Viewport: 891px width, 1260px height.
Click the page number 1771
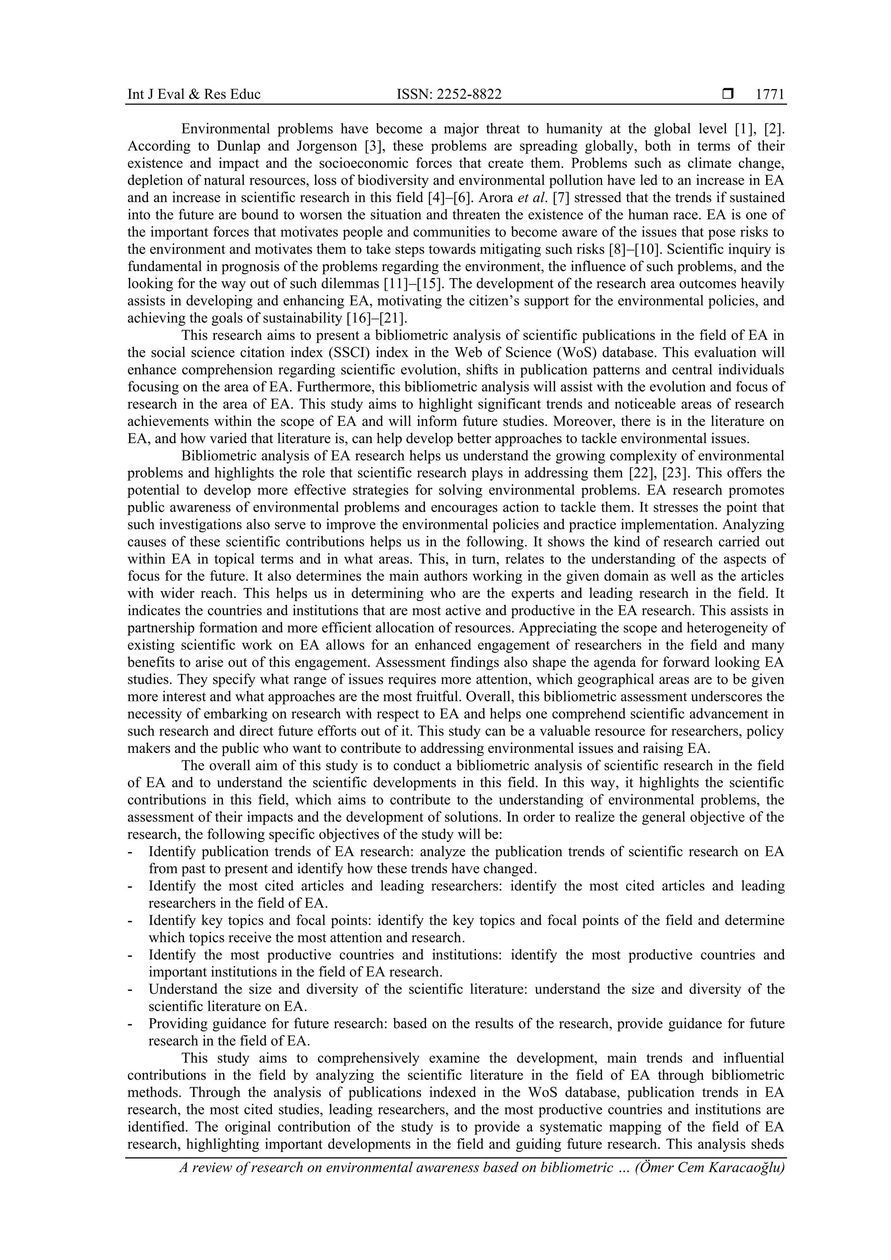[770, 94]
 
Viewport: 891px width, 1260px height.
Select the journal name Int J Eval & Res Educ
[194, 94]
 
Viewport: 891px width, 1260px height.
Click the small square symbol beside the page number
[728, 94]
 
